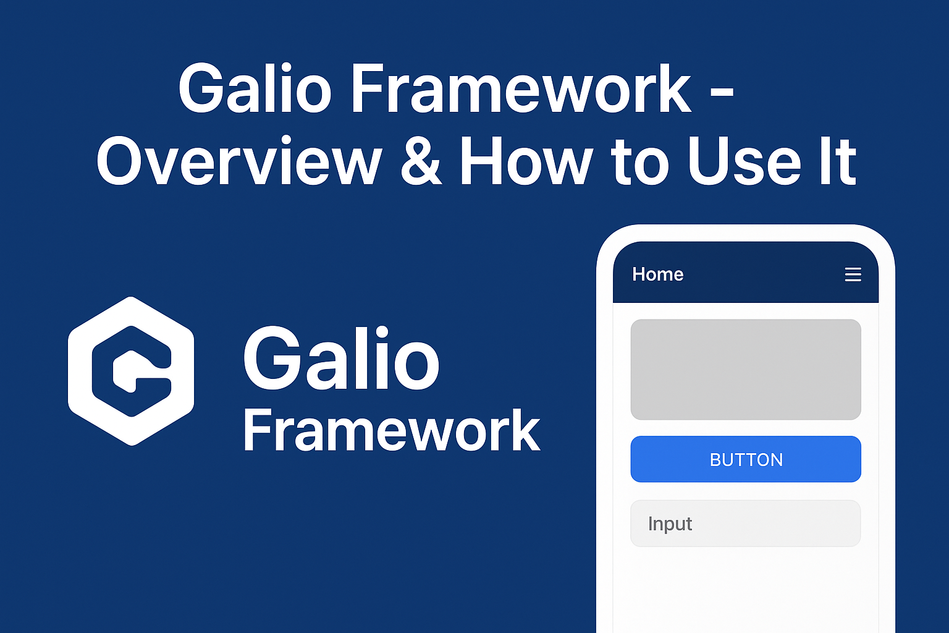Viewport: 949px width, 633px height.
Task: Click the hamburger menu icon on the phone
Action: pyautogui.click(x=853, y=274)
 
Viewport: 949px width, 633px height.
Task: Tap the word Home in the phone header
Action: pyautogui.click(x=657, y=274)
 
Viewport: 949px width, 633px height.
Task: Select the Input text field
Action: pyautogui.click(x=745, y=524)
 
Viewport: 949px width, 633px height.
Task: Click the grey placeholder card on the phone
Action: pyautogui.click(x=745, y=370)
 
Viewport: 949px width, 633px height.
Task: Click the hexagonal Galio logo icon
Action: pyautogui.click(x=131, y=371)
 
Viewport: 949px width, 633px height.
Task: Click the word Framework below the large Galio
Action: pyautogui.click(x=391, y=431)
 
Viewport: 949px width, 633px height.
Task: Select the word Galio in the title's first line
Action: pyautogui.click(x=255, y=90)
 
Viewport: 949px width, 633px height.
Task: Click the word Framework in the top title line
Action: pyautogui.click(x=521, y=90)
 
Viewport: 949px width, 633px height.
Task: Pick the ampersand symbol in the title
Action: pyautogui.click(x=421, y=162)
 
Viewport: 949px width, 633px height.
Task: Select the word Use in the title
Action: pyautogui.click(x=744, y=162)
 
